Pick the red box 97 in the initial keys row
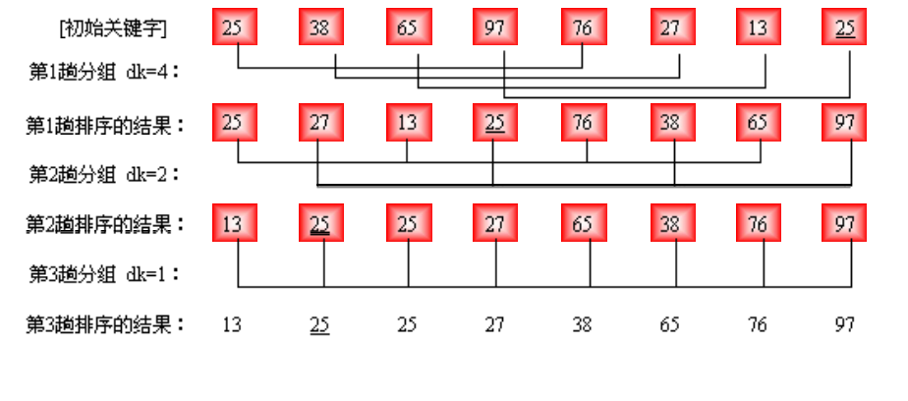(x=495, y=28)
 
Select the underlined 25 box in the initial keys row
(x=844, y=28)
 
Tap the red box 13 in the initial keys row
(x=758, y=28)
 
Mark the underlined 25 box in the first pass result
(x=495, y=124)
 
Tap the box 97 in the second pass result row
(x=844, y=223)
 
